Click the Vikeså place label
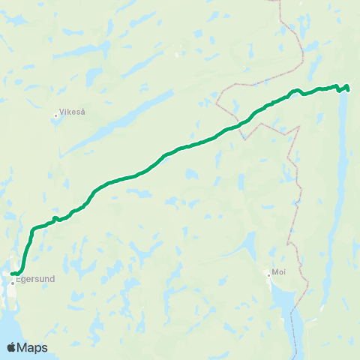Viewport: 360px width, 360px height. point(72,112)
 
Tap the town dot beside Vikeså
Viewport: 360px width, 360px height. point(56,116)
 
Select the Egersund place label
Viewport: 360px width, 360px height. point(35,278)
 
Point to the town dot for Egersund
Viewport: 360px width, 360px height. point(13,283)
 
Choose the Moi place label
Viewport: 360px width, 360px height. point(280,271)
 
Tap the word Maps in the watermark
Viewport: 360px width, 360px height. point(33,347)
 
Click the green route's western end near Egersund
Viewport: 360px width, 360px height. point(13,273)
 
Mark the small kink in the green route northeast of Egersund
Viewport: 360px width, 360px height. point(55,218)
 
